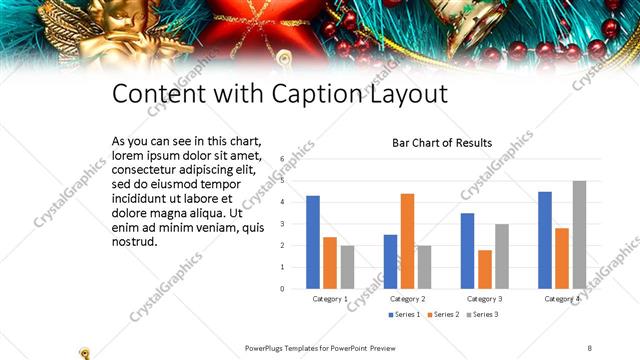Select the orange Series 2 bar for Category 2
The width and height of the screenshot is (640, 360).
[x=407, y=241]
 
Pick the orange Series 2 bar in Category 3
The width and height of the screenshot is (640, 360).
[x=485, y=269]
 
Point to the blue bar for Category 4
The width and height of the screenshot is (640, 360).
[x=545, y=240]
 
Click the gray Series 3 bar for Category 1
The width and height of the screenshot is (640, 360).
[x=347, y=267]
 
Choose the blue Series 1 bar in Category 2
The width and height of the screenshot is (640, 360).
[x=390, y=262]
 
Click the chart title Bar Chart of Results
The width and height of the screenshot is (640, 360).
[x=441, y=143]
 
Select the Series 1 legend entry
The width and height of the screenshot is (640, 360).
[x=403, y=315]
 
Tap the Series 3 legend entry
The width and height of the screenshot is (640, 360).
[x=481, y=315]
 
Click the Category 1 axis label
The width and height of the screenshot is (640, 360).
[x=330, y=299]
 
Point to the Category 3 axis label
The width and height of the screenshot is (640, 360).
[x=485, y=299]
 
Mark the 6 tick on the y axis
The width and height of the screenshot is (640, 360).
[x=282, y=159]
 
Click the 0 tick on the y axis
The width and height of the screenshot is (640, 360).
[x=282, y=289]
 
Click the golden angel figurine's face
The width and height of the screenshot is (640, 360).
[x=65, y=15]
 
